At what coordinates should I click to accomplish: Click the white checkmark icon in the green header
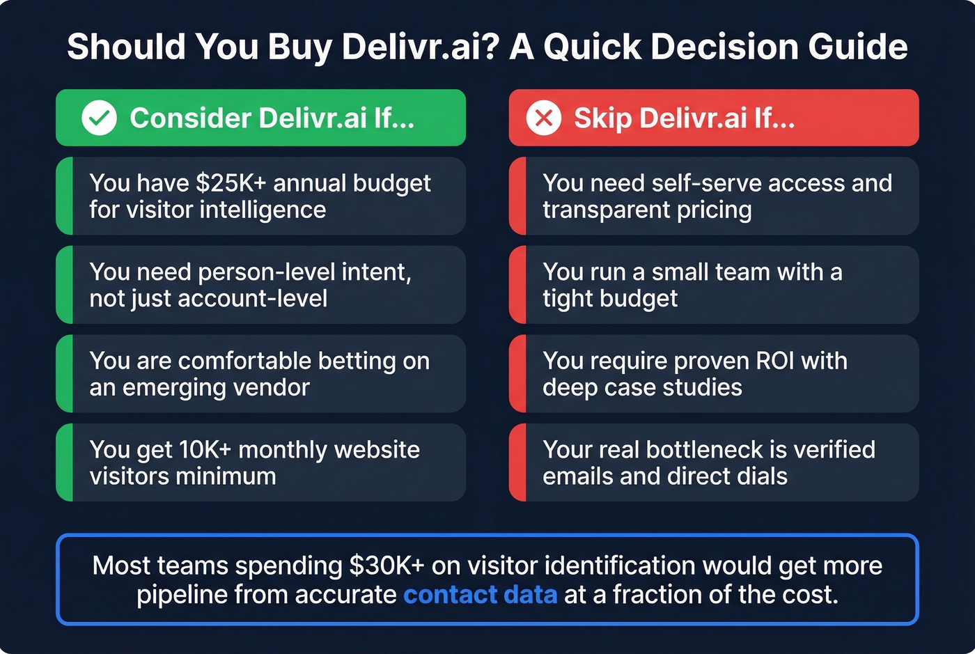(99, 118)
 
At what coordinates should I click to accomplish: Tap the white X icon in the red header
(543, 118)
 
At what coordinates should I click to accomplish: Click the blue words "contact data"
(480, 595)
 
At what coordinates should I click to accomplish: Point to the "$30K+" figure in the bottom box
(387, 566)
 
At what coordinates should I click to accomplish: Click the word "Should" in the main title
(126, 47)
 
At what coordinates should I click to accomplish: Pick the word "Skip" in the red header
(603, 118)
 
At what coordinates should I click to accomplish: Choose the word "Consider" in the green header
(190, 118)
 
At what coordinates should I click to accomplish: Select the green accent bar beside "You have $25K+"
(64, 196)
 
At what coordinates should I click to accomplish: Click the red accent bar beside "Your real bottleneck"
(517, 462)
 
